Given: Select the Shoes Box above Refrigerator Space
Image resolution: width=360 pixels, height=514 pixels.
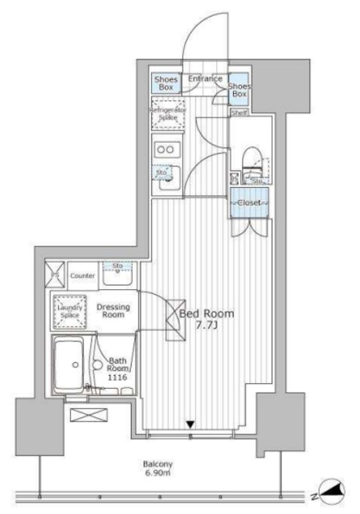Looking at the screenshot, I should click(x=166, y=84).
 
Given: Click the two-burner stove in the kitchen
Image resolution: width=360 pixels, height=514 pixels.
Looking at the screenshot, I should click(x=167, y=149).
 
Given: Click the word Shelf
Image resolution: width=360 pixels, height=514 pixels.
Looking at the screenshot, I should click(x=238, y=113).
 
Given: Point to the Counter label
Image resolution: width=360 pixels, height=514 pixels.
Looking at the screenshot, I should click(x=83, y=275).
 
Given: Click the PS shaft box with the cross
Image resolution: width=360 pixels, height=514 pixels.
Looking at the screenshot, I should click(x=55, y=275).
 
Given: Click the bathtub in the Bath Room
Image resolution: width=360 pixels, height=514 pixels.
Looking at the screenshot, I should click(x=71, y=365).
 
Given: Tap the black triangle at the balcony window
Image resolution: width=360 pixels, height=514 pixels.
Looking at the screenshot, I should click(x=190, y=424).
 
